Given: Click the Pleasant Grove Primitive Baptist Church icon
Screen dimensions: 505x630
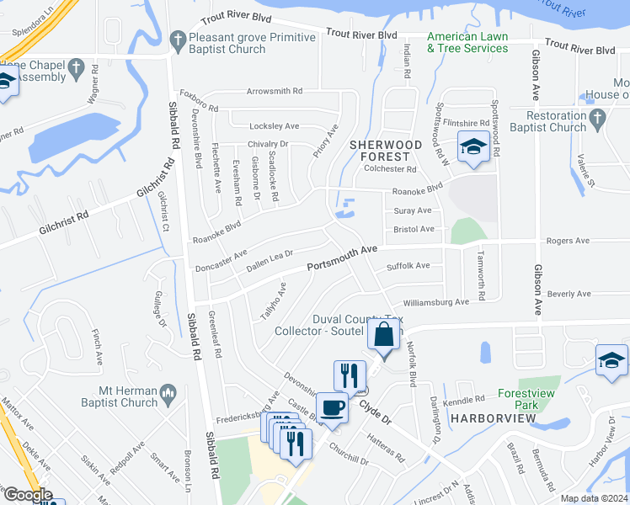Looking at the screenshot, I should point(178,39).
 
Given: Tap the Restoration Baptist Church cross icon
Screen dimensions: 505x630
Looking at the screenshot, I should point(597,118).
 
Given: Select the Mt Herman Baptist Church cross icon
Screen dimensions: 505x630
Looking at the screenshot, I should point(168,392).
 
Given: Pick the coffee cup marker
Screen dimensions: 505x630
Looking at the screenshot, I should point(333,407).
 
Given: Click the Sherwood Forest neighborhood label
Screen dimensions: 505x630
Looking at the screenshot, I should point(386,151).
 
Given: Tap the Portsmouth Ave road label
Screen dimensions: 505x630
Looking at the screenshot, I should point(341,258).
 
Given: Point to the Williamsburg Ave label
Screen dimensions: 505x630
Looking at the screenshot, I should point(435,301).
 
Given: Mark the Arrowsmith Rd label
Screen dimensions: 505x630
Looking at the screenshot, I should point(275,91).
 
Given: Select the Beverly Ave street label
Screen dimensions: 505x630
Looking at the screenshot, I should point(569,294).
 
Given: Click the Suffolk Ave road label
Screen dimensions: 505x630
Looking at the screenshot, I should point(408,266).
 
